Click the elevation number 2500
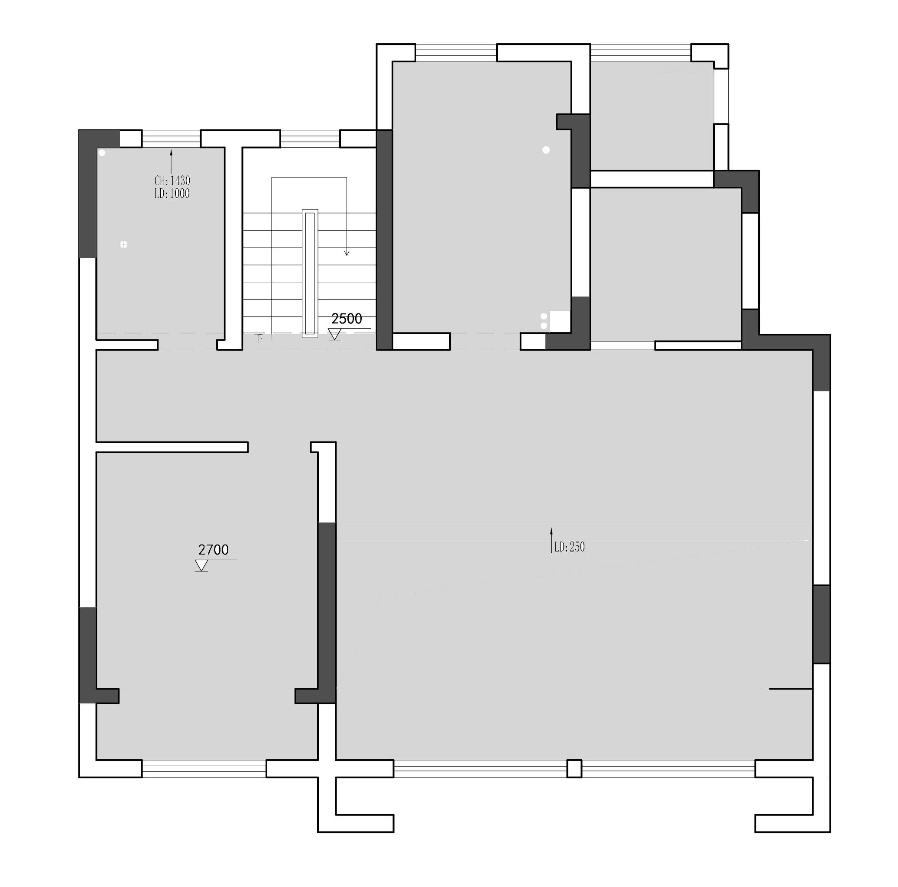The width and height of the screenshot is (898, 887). pos(347,319)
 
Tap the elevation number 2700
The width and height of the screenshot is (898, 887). pos(213,550)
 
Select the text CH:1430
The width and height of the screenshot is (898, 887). pos(172,181)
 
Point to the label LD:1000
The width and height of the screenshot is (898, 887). pos(172,194)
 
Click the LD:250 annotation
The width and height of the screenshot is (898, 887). pos(569,547)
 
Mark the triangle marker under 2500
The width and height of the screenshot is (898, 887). pos(334,334)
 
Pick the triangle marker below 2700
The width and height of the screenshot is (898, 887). pos(201,566)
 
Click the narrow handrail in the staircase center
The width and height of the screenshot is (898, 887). pos(310,273)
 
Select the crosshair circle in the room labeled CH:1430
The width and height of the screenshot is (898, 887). pos(123,244)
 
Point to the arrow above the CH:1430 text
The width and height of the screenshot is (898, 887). pos(171,162)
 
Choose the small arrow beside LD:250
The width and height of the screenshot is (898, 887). pos(551,540)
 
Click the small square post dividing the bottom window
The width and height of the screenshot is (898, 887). pos(574,768)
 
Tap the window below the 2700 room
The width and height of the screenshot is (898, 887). pos(204,768)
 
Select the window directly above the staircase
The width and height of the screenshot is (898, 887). pos(310,139)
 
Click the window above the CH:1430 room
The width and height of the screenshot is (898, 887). pos(172,139)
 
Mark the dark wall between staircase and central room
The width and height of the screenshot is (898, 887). pos(384,240)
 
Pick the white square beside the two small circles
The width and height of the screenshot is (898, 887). pos(560,321)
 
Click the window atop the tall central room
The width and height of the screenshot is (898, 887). pos(456,52)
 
